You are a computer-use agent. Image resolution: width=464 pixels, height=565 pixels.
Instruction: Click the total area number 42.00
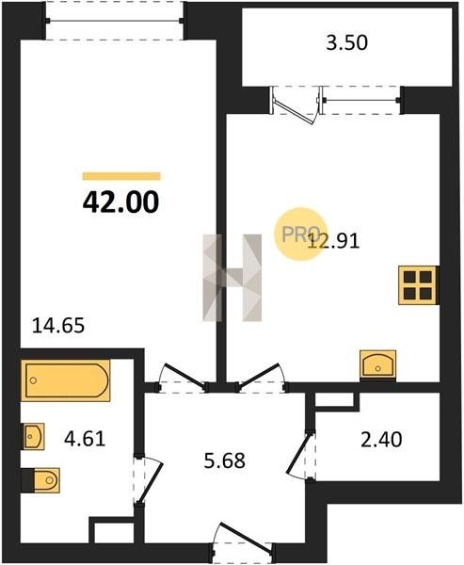(120, 202)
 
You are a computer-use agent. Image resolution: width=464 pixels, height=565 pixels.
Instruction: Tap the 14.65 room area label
(58, 326)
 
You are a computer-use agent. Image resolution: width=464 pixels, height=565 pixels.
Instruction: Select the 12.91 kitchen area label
(333, 241)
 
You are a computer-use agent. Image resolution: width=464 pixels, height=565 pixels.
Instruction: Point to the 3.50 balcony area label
(347, 42)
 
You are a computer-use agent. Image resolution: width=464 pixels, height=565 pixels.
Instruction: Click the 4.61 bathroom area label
(85, 439)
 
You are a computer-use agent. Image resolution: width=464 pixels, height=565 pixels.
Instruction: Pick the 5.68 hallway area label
(224, 460)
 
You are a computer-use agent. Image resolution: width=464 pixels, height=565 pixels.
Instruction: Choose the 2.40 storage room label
(381, 439)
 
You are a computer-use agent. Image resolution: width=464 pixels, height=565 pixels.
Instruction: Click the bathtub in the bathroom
(66, 380)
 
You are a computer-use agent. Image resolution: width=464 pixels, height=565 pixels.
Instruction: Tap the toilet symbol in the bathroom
(40, 480)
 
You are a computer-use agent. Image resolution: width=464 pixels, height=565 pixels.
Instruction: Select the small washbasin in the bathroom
(34, 436)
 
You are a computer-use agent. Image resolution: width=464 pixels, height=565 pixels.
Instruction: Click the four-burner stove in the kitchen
(418, 285)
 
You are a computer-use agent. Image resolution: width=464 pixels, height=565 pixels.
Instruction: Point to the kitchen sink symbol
(378, 364)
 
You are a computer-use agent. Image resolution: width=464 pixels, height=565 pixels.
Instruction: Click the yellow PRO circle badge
(301, 234)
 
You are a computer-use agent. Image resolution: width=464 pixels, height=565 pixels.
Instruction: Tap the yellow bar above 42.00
(121, 176)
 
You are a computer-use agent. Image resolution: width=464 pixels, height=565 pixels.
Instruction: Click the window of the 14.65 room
(115, 21)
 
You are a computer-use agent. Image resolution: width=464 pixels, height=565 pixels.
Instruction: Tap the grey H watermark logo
(232, 278)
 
